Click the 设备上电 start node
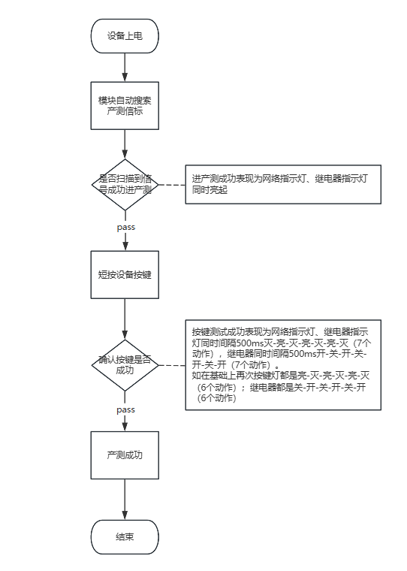(x=125, y=35)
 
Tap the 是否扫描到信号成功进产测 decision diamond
(x=125, y=183)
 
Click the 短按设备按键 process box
(x=125, y=274)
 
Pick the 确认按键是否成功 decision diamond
(x=125, y=365)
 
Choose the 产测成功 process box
(x=125, y=455)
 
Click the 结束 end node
(x=125, y=537)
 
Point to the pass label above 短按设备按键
(x=125, y=226)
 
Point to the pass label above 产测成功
(x=125, y=409)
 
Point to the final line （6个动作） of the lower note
(x=219, y=398)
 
